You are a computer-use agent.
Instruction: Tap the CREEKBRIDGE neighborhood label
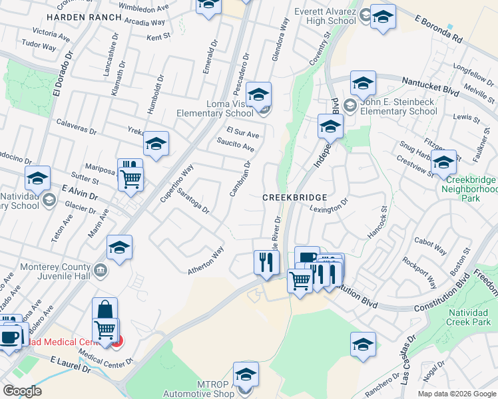(x=294, y=198)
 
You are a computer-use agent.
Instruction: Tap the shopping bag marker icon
(x=105, y=309)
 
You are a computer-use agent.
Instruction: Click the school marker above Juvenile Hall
(x=120, y=247)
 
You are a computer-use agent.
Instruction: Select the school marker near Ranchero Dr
(x=363, y=344)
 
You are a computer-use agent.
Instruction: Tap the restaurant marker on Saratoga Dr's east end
(x=264, y=261)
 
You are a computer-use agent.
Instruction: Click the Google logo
(x=22, y=391)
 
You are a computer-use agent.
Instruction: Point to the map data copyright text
(x=457, y=394)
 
